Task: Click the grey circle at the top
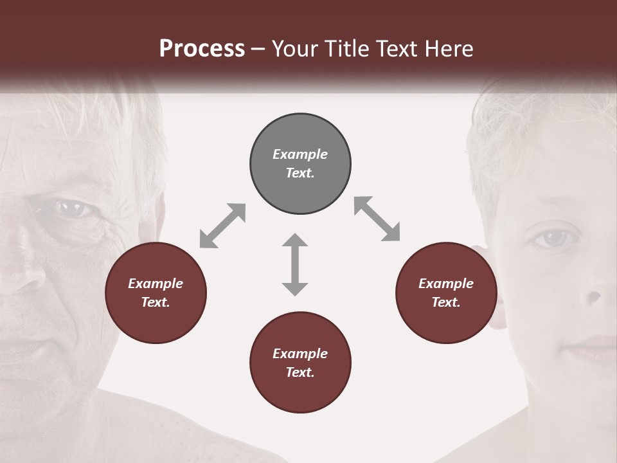coord(300,164)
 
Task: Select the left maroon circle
coord(156,293)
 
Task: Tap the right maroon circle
coord(446,293)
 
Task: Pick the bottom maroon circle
coord(300,363)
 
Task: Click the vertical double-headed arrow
coord(295,264)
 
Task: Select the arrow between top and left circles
coord(222,226)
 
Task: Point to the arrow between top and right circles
coord(377,219)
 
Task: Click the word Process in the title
coord(202,49)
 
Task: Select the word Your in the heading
coord(294,49)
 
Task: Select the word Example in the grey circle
coord(300,154)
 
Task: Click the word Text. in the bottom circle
coord(300,372)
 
